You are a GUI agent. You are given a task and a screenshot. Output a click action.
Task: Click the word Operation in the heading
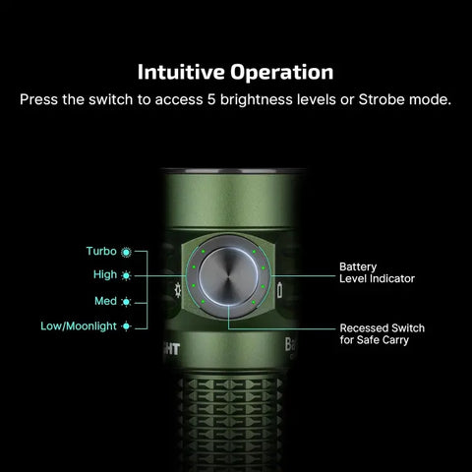click(284, 73)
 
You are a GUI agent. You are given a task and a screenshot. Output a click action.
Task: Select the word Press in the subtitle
click(40, 100)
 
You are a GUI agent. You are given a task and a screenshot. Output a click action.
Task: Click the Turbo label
click(102, 252)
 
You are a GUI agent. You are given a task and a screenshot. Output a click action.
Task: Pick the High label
click(105, 275)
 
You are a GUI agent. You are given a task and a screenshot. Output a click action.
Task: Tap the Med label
click(105, 301)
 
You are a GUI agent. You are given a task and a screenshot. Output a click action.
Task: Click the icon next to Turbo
click(126, 252)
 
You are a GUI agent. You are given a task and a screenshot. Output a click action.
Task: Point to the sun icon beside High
click(126, 275)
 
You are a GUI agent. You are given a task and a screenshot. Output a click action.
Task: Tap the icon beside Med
click(126, 301)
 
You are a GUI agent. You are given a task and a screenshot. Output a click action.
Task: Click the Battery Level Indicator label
click(376, 272)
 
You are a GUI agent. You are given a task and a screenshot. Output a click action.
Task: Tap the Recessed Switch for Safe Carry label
click(382, 334)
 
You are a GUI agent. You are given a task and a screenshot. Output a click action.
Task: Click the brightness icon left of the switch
click(177, 290)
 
